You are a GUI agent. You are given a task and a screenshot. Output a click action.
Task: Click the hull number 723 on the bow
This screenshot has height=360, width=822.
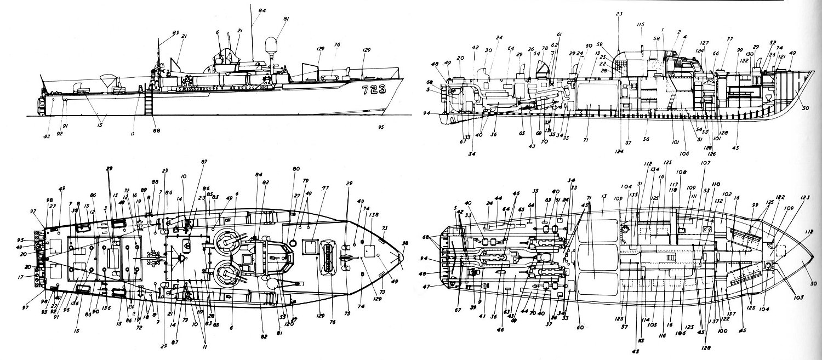pyautogui.click(x=374, y=89)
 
